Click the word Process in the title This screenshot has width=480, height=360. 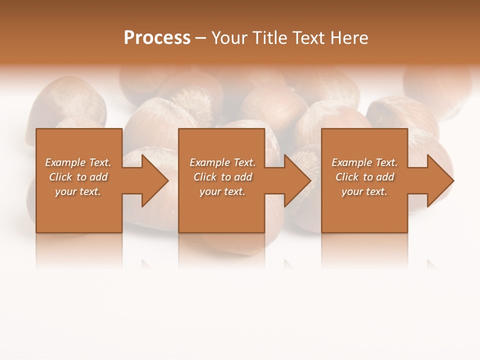coord(157,38)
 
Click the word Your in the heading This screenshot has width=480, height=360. coord(230,38)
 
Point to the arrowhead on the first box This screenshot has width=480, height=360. coord(150,180)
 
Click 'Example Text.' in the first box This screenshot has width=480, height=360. coord(78,162)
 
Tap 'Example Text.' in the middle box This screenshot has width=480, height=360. coord(222,162)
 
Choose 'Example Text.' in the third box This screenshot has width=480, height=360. coord(364,162)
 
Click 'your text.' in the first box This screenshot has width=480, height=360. coord(78,191)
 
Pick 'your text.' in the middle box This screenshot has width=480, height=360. coord(222,191)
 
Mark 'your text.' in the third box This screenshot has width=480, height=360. coord(364,191)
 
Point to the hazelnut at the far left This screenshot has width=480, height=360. coord(65,105)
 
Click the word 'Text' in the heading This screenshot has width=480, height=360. coord(307,38)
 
